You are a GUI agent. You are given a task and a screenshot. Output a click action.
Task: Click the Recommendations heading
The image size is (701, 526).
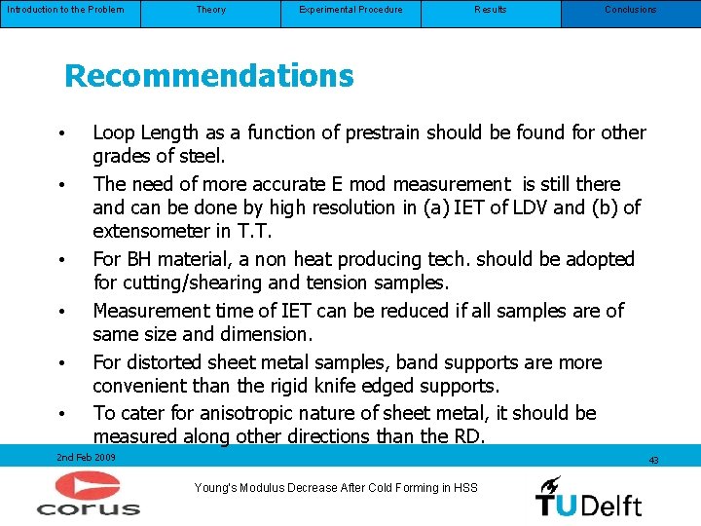[208, 76]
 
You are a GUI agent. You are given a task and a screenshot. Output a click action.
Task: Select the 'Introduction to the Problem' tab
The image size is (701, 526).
[64, 10]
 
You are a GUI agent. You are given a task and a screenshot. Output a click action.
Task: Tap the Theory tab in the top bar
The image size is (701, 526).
[210, 10]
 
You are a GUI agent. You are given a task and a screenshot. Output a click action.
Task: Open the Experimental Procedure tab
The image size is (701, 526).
[350, 10]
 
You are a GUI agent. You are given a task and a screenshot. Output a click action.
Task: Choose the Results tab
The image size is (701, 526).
[491, 10]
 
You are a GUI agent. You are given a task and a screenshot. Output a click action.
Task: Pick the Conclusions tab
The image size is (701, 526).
[630, 10]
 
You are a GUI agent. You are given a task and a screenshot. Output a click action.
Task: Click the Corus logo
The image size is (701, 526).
[89, 493]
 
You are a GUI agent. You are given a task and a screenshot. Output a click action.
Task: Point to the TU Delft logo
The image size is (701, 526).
[588, 496]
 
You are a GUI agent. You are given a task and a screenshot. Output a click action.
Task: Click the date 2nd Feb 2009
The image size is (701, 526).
[86, 457]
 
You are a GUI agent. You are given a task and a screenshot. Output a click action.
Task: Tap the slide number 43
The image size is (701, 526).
[653, 460]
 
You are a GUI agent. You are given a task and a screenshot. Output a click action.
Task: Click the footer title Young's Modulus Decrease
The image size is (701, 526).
[336, 488]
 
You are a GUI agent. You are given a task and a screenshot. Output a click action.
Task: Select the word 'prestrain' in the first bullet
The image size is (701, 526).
[410, 132]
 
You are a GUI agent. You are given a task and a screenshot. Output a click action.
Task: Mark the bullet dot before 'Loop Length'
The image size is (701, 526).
[60, 133]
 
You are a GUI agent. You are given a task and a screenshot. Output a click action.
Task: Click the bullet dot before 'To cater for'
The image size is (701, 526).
[60, 414]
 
